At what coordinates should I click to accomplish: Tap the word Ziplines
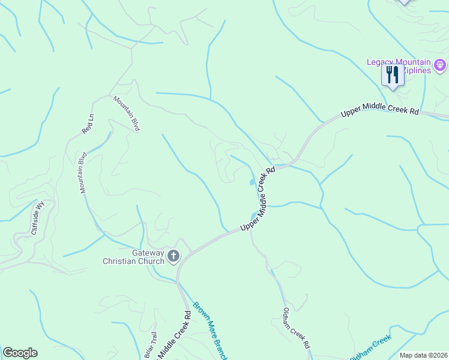[x=417, y=71]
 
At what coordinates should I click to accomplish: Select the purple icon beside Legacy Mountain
[x=440, y=64]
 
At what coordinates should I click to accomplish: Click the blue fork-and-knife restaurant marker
[x=391, y=76]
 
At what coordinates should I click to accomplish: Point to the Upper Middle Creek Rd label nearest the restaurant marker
[x=379, y=112]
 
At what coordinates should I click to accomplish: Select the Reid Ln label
[x=88, y=123]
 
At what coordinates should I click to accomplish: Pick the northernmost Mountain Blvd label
[x=127, y=113]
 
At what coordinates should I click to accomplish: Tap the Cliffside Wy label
[x=38, y=218]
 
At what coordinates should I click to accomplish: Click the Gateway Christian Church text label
[x=133, y=257]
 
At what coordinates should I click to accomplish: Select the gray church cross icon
[x=173, y=257]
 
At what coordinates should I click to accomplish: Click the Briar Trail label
[x=149, y=346]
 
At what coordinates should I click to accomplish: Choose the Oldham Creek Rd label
[x=296, y=328]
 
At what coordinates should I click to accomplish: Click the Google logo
[x=20, y=353]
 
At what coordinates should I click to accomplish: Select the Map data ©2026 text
[x=423, y=355]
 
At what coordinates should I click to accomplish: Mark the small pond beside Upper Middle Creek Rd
[x=252, y=182]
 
